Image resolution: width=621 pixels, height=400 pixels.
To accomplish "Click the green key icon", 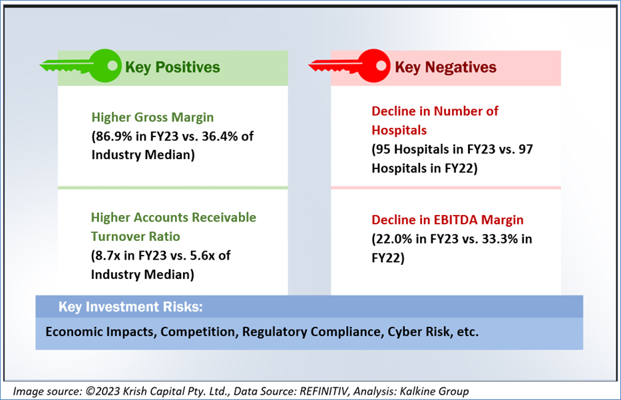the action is tap(81, 66).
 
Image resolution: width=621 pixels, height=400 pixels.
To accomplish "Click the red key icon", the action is tap(349, 66).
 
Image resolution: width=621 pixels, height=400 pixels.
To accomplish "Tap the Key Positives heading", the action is tap(172, 67).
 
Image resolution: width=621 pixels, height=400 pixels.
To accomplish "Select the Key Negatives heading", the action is tap(445, 67).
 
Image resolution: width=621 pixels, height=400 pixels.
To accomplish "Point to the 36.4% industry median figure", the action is tap(220, 136).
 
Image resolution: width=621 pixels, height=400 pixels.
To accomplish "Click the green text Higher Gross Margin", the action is tap(152, 117).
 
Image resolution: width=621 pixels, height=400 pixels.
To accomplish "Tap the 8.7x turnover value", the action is tap(108, 256).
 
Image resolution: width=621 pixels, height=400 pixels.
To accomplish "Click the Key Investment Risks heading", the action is tap(130, 307).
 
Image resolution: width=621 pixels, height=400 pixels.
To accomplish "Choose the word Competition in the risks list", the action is tap(198, 331).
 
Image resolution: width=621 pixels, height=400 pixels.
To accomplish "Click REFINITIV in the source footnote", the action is tap(324, 391).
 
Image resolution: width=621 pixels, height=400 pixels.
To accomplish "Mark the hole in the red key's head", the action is tap(381, 65).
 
